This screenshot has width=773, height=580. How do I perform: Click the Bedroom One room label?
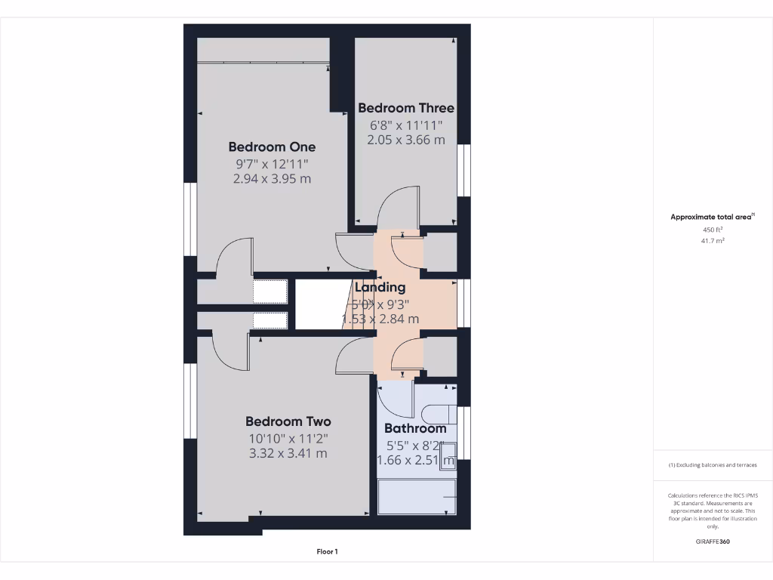pos(272,147)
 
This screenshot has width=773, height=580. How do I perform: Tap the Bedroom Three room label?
pos(406,108)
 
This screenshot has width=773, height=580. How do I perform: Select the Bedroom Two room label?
pos(288,421)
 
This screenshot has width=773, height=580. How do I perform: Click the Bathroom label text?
pos(415,428)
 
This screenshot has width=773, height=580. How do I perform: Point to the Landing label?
pos(380,287)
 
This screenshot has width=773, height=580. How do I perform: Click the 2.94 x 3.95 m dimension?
pos(272,179)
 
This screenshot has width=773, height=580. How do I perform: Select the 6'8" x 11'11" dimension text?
pos(406,125)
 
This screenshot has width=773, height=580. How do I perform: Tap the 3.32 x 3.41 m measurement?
pos(288,453)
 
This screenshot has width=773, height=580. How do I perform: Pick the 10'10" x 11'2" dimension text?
pos(288,438)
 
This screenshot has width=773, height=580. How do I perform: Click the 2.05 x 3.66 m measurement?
pos(406,140)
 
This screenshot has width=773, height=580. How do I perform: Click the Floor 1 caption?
pos(327,552)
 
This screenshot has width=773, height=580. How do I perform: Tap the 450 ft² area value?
pos(713,230)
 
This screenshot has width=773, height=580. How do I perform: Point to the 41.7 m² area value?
pos(713,241)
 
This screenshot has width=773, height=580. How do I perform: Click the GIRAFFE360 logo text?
pos(713,541)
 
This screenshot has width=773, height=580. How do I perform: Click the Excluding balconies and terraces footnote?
pos(713,465)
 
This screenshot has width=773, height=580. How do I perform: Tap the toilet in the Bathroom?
pos(438,414)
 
